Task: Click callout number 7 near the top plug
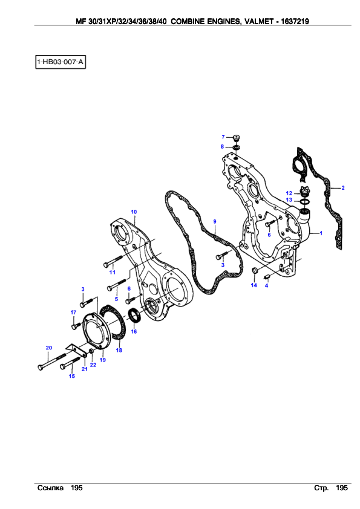[x=223, y=137]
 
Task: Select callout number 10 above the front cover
[x=134, y=212]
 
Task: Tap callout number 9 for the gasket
[x=215, y=221]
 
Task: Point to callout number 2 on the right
[x=343, y=187]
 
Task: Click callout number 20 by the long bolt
[x=49, y=348]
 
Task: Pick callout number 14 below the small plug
[x=254, y=285]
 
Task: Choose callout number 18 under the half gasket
[x=119, y=350]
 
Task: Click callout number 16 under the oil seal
[x=134, y=331]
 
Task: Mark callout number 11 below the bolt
[x=113, y=272]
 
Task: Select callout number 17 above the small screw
[x=73, y=313]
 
